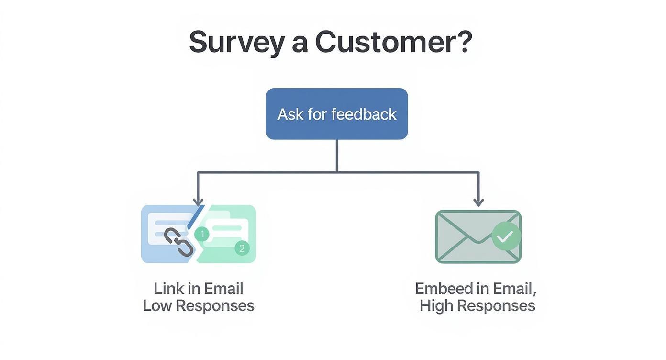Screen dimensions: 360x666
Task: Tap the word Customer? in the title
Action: click(x=393, y=42)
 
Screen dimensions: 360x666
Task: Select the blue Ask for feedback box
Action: click(x=337, y=114)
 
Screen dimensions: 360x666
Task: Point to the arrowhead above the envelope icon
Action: click(x=478, y=202)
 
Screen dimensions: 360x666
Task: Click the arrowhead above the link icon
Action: click(x=198, y=202)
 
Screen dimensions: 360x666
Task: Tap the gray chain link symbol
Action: click(x=179, y=242)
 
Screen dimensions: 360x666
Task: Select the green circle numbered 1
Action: click(x=202, y=234)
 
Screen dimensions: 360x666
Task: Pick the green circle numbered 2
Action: click(x=242, y=248)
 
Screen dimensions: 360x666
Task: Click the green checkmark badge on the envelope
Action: click(x=506, y=236)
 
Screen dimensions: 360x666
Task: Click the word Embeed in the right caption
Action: click(x=439, y=289)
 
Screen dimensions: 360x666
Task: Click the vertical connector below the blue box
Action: click(x=337, y=156)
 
